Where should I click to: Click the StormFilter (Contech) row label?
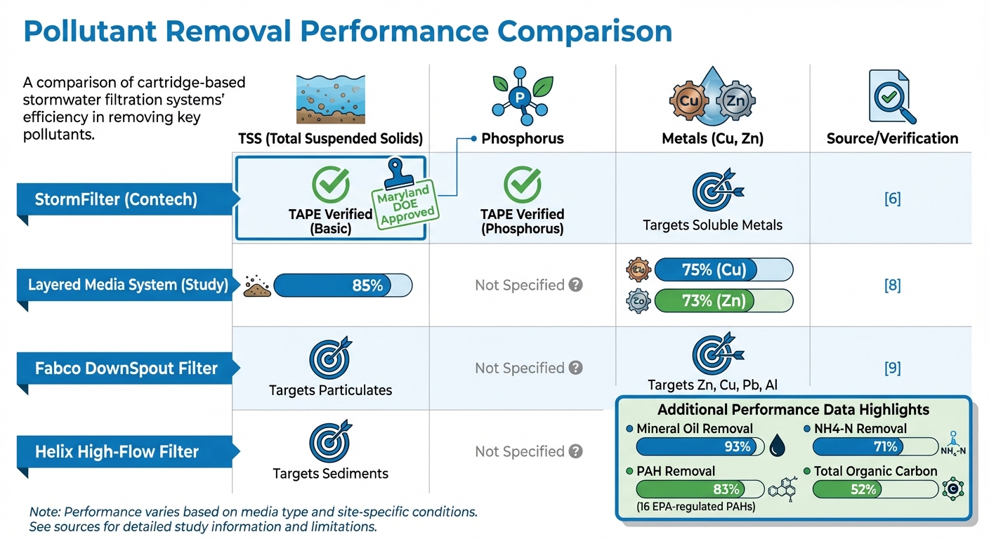[x=116, y=200]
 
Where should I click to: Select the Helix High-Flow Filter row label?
[x=117, y=451]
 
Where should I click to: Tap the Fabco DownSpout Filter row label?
[x=126, y=368]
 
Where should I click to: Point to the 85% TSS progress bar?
[x=342, y=286]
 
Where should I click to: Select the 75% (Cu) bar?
[x=723, y=269]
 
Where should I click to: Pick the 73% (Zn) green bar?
[x=723, y=302]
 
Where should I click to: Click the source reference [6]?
[x=892, y=199]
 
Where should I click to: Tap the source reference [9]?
[x=892, y=368]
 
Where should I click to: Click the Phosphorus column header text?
[x=523, y=138]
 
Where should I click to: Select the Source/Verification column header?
[x=892, y=138]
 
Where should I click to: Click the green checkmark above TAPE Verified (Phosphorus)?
[x=523, y=185]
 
